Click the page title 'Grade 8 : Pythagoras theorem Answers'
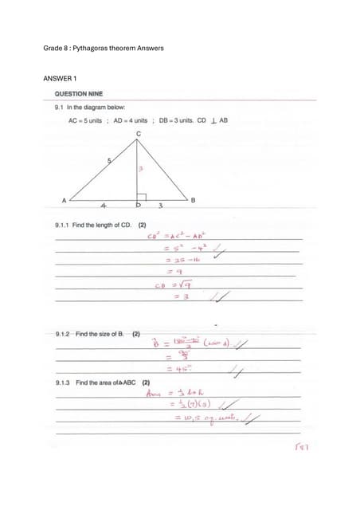point(103,49)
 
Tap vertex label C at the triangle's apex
point(138,133)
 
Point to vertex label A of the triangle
point(64,199)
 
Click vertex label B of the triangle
point(193,197)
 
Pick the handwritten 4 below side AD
point(104,206)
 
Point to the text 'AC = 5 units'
point(85,120)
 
